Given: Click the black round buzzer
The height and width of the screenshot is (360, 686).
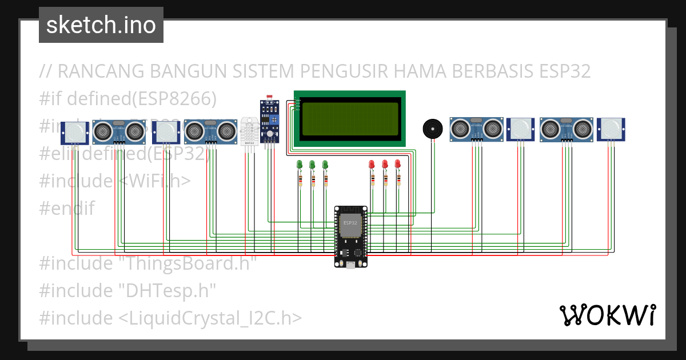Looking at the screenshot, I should coord(432,129).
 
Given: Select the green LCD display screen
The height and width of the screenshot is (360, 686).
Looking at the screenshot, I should coord(350,118).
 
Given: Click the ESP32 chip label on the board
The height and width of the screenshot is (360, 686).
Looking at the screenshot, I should coord(350,223).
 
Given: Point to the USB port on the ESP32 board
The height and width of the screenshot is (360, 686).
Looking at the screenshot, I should coord(350,264).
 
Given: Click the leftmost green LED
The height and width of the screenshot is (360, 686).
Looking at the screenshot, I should coord(299,165).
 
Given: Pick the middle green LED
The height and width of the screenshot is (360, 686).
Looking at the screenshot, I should coord(312,165).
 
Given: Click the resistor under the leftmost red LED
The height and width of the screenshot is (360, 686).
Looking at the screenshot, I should coord(372,181).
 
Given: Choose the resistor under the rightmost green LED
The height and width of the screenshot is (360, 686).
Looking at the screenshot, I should coord(325,181).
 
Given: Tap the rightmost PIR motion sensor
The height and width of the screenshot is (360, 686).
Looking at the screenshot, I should coord(611,129).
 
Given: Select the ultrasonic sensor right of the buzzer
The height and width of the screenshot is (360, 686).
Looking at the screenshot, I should coord(476,129).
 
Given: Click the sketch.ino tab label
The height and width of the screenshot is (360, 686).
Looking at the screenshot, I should coord(101,25).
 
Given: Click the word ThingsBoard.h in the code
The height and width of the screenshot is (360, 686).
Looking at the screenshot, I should coord(182,263).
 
